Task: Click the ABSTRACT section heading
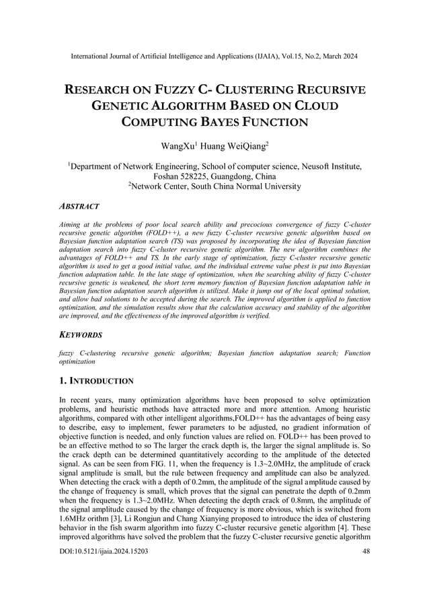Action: [x=79, y=206]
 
